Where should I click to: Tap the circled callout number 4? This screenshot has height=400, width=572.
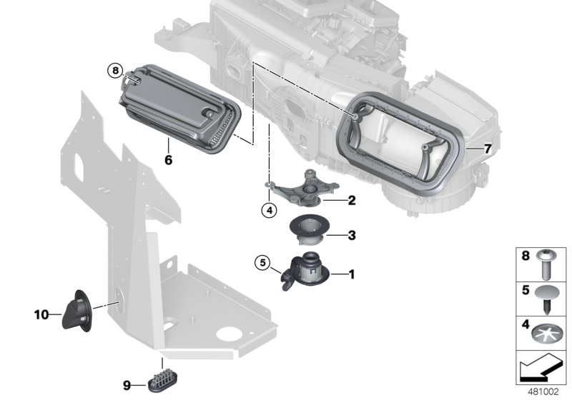[267, 210]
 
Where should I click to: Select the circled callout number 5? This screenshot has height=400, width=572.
[262, 264]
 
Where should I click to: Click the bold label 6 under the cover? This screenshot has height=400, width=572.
[169, 161]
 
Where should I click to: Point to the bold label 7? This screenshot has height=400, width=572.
[488, 149]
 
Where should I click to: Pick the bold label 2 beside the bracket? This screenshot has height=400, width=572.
[351, 201]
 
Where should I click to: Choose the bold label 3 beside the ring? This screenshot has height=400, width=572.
[351, 234]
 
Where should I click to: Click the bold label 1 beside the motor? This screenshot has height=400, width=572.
[351, 273]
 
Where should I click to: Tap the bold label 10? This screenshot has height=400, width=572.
[41, 314]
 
